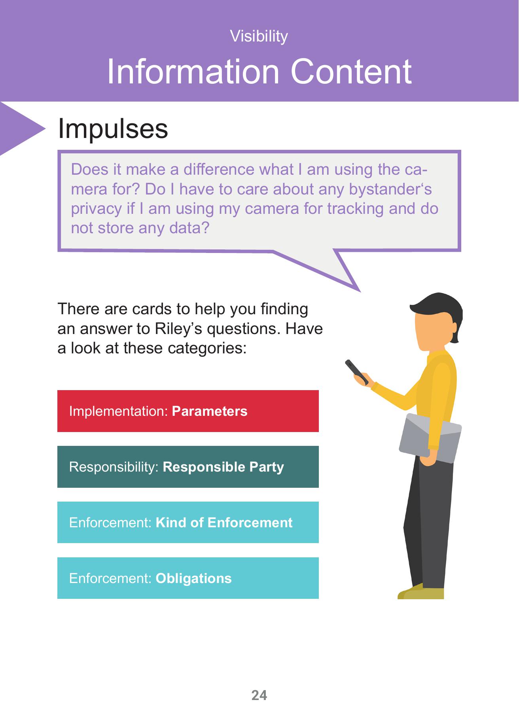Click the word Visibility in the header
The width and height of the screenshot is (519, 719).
pyautogui.click(x=259, y=36)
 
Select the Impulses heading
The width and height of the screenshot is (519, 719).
pyautogui.click(x=113, y=129)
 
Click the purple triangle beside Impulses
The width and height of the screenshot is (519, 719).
pyautogui.click(x=20, y=128)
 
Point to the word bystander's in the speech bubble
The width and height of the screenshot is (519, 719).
pyautogui.click(x=390, y=189)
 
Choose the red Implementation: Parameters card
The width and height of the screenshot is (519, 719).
pyautogui.click(x=188, y=411)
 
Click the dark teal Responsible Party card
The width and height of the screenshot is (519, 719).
pyautogui.click(x=188, y=467)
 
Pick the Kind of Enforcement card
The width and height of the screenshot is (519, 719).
pyautogui.click(x=188, y=523)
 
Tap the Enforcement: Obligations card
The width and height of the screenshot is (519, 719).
pyautogui.click(x=188, y=578)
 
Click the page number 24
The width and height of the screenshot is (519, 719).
pyautogui.click(x=259, y=695)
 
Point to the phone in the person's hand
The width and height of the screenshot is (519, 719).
pyautogui.click(x=356, y=372)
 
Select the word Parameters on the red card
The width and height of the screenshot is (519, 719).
pyautogui.click(x=210, y=411)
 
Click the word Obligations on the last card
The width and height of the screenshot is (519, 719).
pyautogui.click(x=193, y=578)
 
